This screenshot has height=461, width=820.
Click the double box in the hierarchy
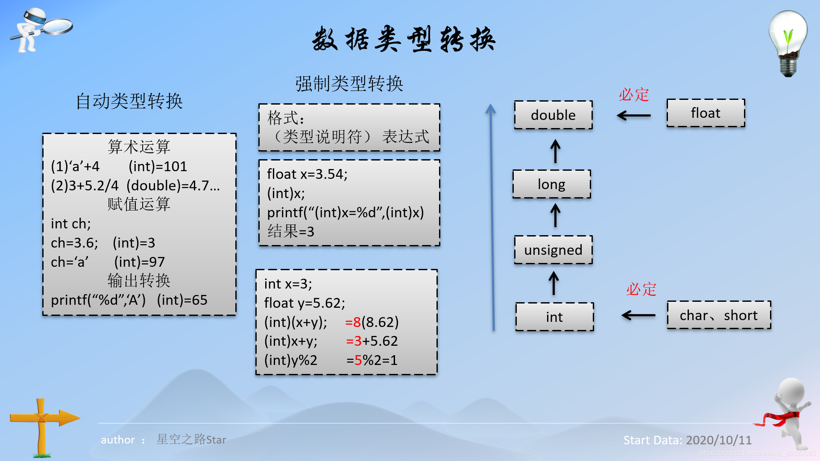point(553,115)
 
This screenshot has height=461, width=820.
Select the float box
point(706,113)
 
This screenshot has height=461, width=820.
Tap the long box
point(551,184)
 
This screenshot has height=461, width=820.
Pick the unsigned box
point(553,250)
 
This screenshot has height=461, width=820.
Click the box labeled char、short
point(719,315)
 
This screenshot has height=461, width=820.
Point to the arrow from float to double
point(634,115)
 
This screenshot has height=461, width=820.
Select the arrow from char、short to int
point(638,315)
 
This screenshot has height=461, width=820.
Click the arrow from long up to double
point(555,151)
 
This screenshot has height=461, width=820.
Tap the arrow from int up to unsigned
point(553,283)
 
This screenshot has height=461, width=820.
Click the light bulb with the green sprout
point(788,43)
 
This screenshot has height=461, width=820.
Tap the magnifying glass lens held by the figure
point(58,26)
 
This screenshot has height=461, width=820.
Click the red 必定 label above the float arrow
point(634,94)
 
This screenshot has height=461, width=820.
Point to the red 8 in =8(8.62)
point(357,322)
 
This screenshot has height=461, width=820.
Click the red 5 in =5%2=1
point(358,360)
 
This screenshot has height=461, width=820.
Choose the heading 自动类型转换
point(129,102)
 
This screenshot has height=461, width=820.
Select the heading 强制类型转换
point(349,84)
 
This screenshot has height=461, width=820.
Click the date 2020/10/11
point(719,440)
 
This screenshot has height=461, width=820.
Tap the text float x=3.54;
point(307,174)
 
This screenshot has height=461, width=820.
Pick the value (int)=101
point(158,166)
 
